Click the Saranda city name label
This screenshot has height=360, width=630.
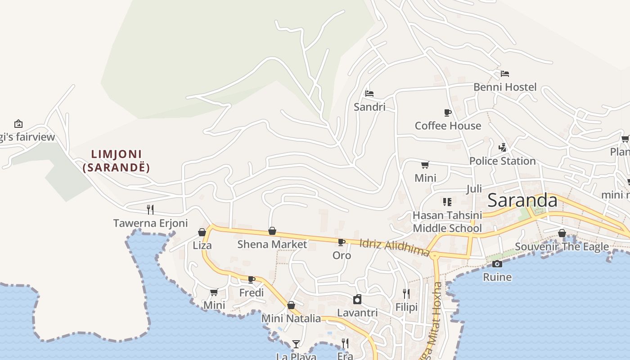[522, 200]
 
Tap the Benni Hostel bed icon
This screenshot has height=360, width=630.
[505, 73]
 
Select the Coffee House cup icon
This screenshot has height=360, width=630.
[447, 112]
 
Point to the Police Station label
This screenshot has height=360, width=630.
[502, 161]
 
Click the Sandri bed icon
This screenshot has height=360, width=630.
[369, 94]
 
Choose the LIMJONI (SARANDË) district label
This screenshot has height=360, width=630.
[116, 161]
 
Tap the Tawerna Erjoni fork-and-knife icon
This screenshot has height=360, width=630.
[150, 209]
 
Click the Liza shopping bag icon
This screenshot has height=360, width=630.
[202, 232]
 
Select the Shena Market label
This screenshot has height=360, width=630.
[272, 244]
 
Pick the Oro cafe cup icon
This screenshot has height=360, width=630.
[342, 242]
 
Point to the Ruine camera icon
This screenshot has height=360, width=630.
[497, 264]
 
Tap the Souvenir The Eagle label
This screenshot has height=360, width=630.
[562, 247]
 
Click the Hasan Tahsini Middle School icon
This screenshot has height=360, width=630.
[447, 202]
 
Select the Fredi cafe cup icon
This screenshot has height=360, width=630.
[252, 279]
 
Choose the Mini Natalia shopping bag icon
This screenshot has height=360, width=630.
[291, 305]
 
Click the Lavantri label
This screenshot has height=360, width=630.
[357, 313]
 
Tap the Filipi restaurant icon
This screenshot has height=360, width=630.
[406, 294]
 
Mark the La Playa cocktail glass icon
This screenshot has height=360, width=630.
[296, 344]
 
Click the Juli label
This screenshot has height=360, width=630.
[474, 189]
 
